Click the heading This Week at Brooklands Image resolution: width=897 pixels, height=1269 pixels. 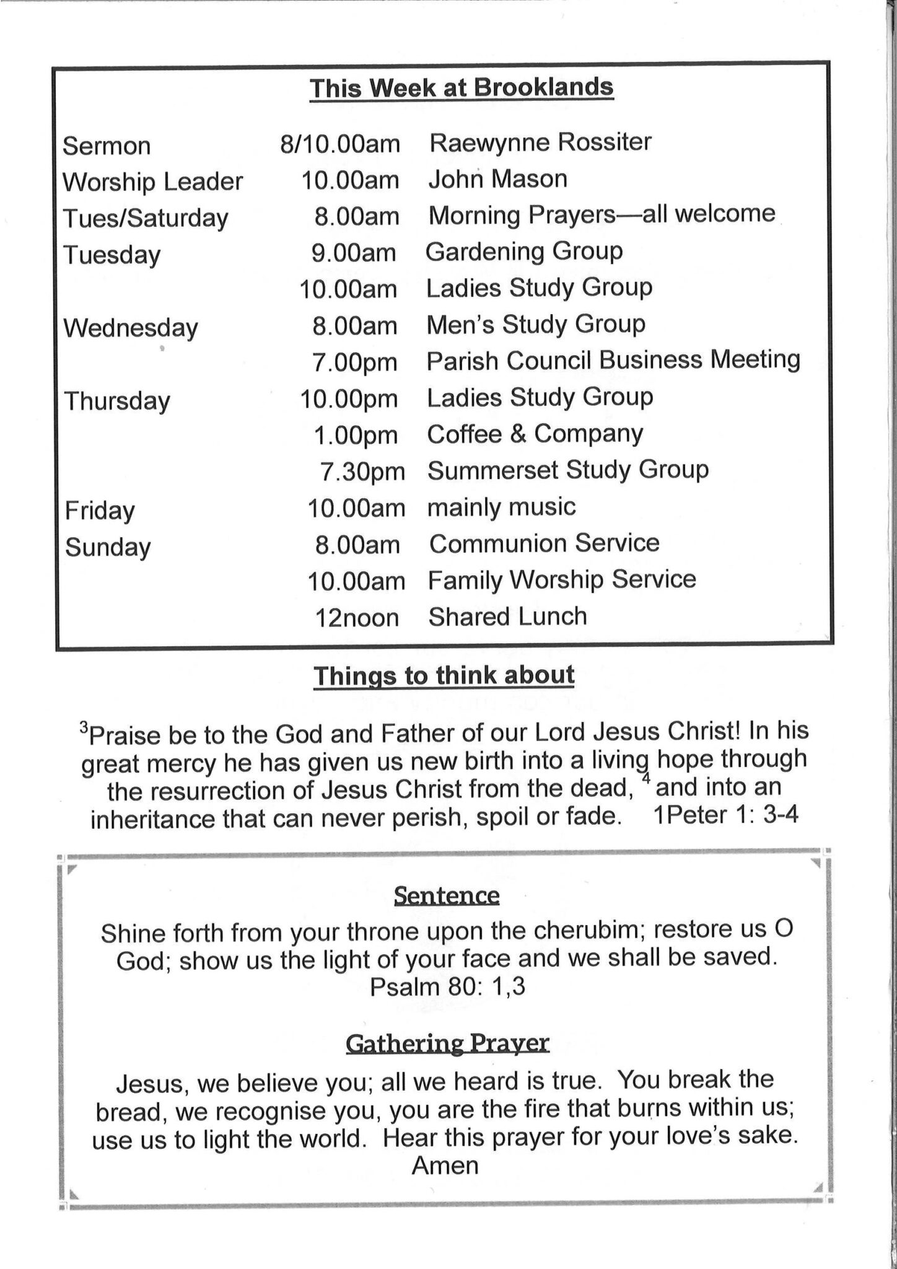click(462, 88)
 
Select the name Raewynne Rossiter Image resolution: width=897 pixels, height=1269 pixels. click(540, 143)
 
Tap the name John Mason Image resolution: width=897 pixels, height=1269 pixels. click(497, 179)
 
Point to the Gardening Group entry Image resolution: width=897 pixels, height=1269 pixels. click(524, 252)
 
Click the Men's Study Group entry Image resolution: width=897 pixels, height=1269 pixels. click(536, 324)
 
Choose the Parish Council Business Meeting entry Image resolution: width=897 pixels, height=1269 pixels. click(613, 361)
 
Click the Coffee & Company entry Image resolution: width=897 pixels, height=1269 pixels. click(535, 434)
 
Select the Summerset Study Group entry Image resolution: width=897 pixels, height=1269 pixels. click(567, 470)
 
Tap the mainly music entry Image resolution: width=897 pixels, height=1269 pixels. click(501, 507)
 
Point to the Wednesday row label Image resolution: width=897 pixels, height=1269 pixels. click(131, 328)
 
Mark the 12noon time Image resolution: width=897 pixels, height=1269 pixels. click(357, 618)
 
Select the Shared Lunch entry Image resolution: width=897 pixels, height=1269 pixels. click(507, 617)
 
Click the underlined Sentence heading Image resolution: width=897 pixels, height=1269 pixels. click(446, 896)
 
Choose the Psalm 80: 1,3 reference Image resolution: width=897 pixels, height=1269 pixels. click(447, 986)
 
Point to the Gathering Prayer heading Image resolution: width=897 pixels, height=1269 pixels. click(447, 1043)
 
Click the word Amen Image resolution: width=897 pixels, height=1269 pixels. click(445, 1166)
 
